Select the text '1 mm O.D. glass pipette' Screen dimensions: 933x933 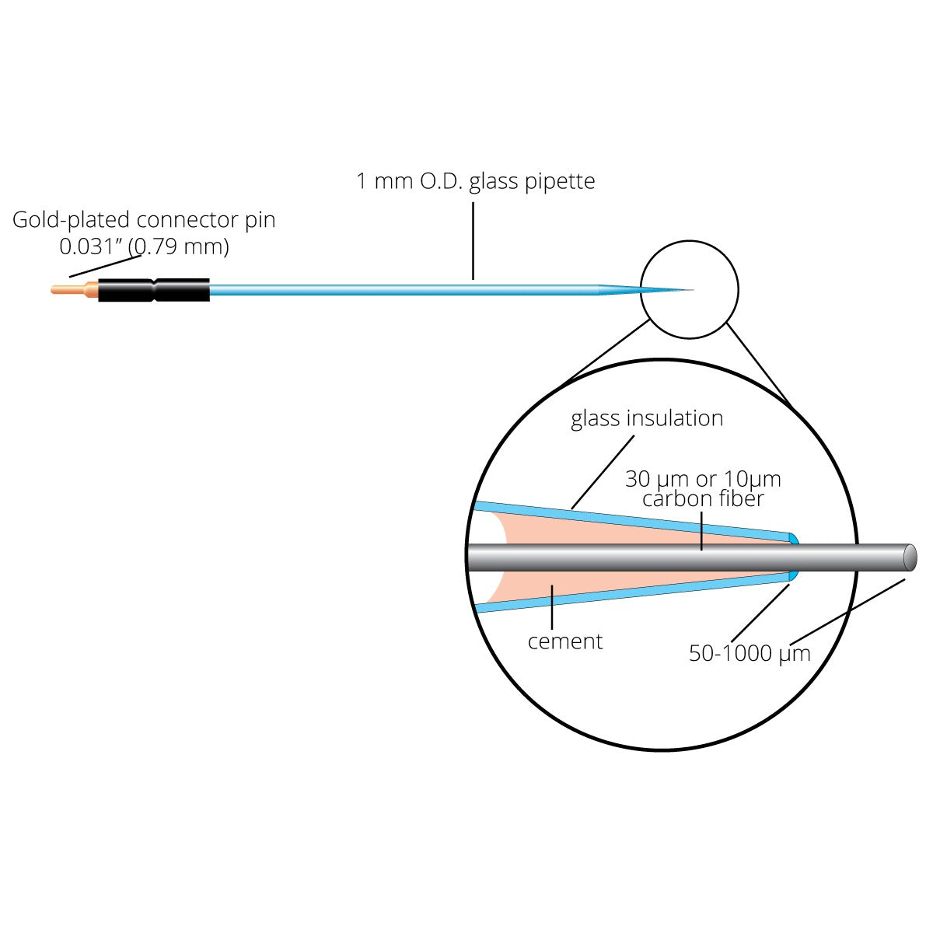475,181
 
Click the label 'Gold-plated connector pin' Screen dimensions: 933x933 144,220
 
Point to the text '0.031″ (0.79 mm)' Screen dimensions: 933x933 144,247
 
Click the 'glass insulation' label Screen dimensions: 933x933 647,418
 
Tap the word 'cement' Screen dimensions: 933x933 565,641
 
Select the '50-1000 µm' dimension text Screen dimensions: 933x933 750,653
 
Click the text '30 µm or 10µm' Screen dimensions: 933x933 703,479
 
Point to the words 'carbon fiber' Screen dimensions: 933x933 703,498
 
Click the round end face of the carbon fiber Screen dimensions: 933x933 910,557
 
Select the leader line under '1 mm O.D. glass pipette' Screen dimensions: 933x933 473,241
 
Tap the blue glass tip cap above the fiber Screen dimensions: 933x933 793,539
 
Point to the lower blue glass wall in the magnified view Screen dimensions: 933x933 622,593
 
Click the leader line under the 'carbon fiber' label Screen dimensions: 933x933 701,529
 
